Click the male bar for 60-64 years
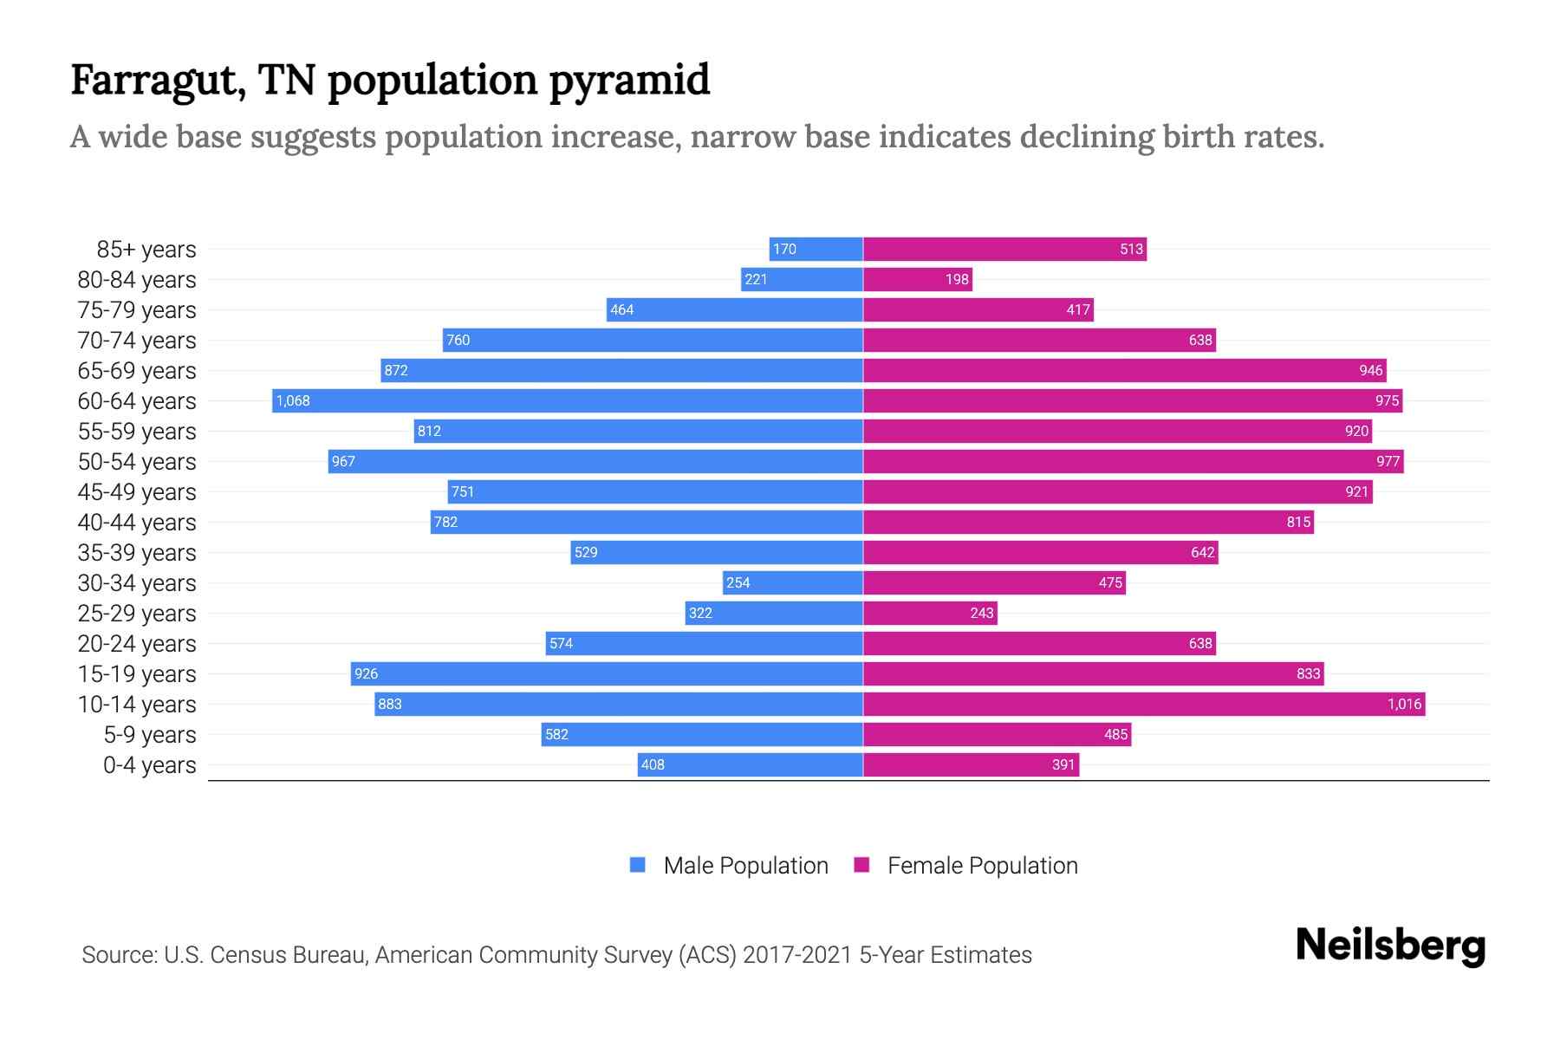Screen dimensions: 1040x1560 point(568,400)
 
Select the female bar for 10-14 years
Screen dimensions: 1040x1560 point(1144,704)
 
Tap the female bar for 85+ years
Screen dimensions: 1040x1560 point(1004,249)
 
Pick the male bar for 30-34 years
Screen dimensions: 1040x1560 point(793,582)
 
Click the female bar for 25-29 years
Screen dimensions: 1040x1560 point(930,613)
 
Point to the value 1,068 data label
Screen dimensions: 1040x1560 point(293,400)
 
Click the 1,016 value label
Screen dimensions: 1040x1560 point(1404,704)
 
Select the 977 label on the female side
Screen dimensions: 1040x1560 point(1388,461)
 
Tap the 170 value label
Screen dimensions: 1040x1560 point(784,249)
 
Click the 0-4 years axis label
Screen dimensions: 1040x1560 point(149,765)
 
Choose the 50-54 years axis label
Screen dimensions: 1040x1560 point(137,462)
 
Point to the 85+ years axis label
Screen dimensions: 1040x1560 point(146,250)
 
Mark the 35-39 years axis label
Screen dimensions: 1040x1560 point(137,553)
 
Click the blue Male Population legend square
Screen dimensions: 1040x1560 point(638,865)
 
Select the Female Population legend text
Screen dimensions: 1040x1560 point(982,866)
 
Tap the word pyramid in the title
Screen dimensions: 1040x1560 point(629,81)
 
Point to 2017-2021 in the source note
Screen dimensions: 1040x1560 point(796,955)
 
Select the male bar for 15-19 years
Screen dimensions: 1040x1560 point(607,673)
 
